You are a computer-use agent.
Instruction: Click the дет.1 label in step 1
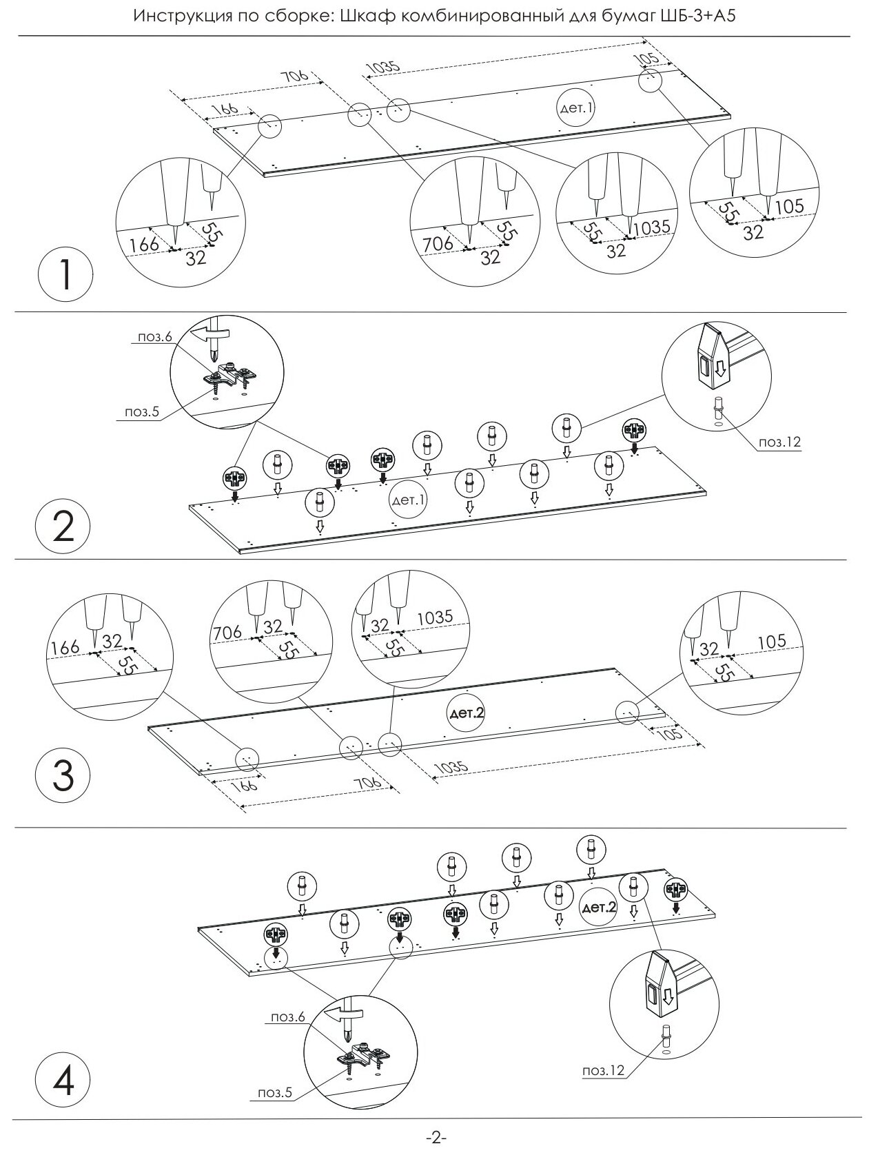(575, 108)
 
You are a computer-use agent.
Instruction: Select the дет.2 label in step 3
(467, 713)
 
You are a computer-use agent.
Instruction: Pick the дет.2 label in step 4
(600, 908)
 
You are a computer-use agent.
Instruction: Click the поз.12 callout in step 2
(780, 442)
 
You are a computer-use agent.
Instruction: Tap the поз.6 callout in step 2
(151, 336)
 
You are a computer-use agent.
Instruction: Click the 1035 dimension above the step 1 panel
(382, 67)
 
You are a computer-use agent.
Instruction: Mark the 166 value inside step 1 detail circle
(143, 243)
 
